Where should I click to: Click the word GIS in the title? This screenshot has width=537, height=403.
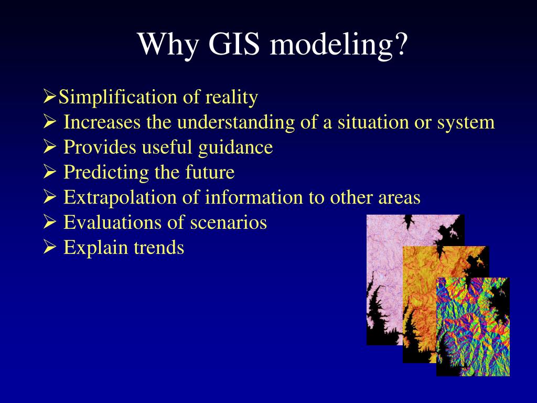234,44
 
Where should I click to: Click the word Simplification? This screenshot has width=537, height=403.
118,98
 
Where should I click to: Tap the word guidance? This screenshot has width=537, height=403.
235,148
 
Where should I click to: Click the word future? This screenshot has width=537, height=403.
210,173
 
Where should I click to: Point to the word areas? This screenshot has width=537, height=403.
399,198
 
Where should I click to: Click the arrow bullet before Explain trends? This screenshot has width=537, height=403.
49,247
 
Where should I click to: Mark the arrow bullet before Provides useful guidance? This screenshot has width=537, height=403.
49,147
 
